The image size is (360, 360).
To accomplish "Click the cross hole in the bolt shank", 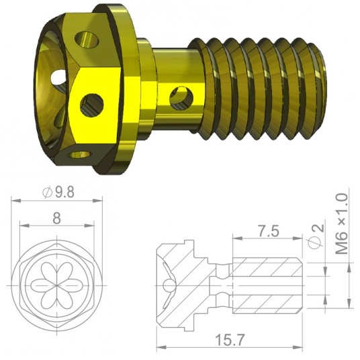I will click(x=180, y=97).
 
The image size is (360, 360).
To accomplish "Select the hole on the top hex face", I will click(x=85, y=39).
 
